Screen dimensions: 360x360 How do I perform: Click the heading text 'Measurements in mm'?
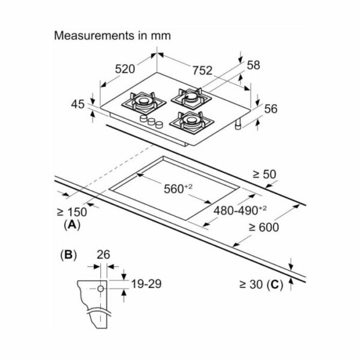coord(112,36)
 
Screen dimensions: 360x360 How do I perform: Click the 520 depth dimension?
coord(125,69)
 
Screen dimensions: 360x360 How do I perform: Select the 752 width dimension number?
coord(202,70)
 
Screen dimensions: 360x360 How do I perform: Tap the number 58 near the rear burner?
coord(253,65)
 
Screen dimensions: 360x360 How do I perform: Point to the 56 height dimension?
coord(271,109)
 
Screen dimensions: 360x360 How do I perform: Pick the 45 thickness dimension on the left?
coord(78,104)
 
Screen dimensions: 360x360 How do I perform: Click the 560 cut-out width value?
coord(178,189)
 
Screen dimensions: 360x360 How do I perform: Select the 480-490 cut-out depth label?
coord(240,210)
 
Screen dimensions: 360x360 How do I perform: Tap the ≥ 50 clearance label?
coord(265,174)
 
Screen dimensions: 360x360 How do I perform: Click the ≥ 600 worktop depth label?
coord(264,227)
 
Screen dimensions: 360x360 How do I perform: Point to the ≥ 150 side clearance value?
coord(72,212)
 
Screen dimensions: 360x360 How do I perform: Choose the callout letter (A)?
coord(73,225)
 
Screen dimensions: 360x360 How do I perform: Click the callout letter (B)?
coord(68,255)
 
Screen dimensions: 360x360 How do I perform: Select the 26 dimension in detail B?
coord(103,254)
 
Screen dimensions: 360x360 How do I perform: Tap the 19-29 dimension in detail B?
coord(146,284)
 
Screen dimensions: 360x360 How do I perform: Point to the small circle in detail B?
coord(101,289)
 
